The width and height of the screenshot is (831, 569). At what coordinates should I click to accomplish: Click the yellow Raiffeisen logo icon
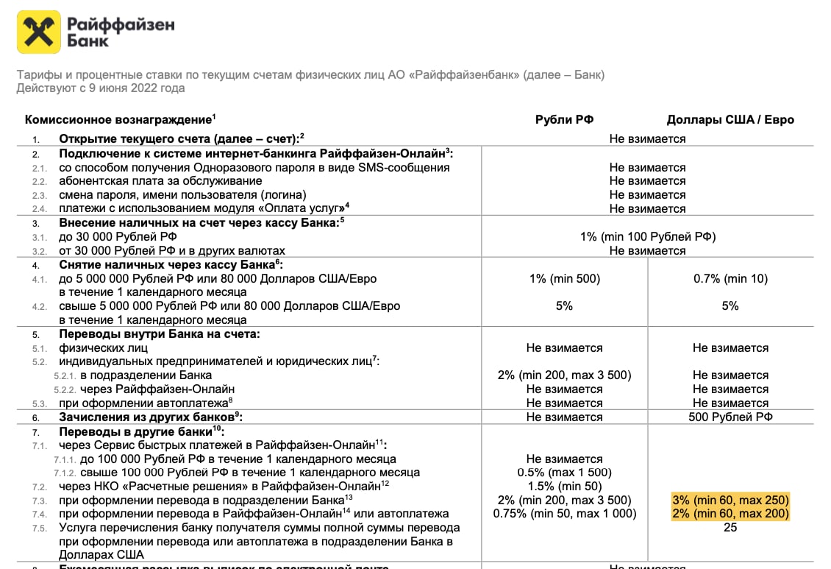38,32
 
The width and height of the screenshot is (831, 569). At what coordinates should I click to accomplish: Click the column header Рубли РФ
564,120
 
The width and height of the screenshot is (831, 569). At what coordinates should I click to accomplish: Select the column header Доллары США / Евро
730,120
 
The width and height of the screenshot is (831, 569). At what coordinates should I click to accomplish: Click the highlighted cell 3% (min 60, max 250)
730,500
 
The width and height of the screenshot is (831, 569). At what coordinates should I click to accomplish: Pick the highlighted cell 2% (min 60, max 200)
730,514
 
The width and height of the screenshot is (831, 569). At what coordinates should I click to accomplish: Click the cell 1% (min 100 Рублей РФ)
647,236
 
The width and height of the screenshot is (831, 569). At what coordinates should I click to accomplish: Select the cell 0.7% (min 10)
730,278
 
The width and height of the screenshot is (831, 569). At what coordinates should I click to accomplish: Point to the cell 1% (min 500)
564,278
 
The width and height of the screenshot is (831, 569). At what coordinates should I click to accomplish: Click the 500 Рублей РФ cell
730,417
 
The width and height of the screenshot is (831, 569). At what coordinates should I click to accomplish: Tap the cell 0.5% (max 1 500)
564,473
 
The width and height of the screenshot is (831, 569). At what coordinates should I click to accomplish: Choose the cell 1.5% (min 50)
564,486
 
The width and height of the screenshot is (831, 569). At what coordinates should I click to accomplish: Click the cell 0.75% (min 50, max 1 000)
564,514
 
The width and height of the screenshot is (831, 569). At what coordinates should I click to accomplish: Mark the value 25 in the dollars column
730,527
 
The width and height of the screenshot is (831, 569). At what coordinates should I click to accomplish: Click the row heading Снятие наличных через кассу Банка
169,264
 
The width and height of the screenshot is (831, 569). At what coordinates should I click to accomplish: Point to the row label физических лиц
104,347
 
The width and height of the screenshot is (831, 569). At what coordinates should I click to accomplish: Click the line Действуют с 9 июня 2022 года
101,88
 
